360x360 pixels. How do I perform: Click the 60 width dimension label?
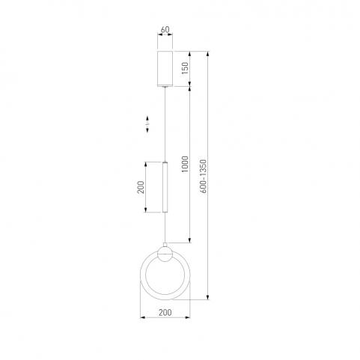pyautogui.click(x=165, y=30)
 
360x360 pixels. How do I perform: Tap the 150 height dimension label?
pyautogui.click(x=185, y=68)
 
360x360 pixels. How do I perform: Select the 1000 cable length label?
pyautogui.click(x=185, y=164)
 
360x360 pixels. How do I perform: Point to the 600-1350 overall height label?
pyautogui.click(x=204, y=176)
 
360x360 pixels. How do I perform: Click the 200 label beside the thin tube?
pyautogui.click(x=141, y=187)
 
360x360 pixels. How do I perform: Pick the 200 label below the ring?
pyautogui.click(x=165, y=312)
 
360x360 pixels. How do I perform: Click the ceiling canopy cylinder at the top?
pyautogui.click(x=165, y=69)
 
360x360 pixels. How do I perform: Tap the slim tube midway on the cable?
pyautogui.click(x=165, y=187)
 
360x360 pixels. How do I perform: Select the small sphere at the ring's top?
pyautogui.click(x=165, y=254)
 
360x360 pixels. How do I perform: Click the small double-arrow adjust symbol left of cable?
pyautogui.click(x=147, y=124)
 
